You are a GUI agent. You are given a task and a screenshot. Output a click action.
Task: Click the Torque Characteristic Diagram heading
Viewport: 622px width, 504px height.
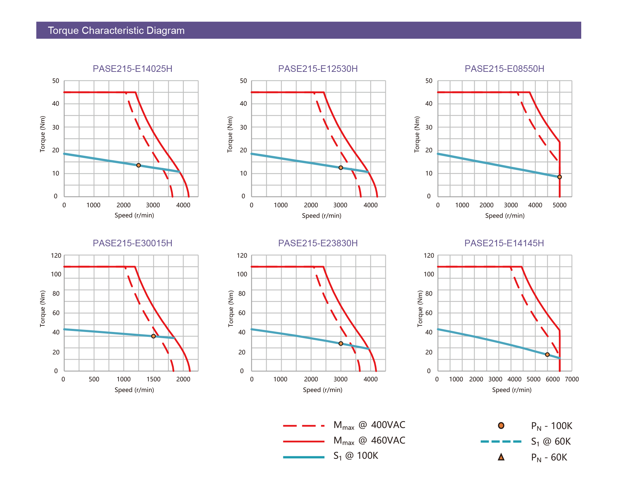point(116,30)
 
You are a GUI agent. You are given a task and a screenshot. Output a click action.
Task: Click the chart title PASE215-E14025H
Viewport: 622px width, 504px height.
point(132,69)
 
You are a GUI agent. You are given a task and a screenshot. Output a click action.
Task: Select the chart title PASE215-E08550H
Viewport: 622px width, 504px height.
point(504,69)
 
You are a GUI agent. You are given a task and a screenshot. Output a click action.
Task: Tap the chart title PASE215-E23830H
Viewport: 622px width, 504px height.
point(318,243)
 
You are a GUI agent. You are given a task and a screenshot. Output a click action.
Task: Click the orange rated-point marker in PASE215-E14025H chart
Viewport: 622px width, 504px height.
point(139,165)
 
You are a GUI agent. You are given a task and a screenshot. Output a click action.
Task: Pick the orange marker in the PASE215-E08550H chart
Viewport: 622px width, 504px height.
point(559,177)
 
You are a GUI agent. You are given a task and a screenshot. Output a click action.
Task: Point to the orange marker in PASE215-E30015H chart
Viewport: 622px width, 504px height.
point(153,336)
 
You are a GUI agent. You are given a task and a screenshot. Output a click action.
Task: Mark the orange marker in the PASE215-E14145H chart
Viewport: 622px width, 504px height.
point(547,354)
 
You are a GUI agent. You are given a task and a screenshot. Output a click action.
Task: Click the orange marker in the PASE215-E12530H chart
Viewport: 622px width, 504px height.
point(341,168)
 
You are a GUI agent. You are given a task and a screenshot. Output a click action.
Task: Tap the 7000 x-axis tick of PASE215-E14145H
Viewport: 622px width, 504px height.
point(572,379)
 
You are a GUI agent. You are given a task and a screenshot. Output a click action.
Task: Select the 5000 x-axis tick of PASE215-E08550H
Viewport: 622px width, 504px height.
point(559,205)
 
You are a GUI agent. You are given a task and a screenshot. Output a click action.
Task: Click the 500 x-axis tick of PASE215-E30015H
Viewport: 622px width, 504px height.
point(94,379)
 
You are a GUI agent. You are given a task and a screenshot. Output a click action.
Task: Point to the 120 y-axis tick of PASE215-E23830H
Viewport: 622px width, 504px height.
point(242,256)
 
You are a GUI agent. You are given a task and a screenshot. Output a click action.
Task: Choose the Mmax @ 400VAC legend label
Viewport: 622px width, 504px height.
point(369,425)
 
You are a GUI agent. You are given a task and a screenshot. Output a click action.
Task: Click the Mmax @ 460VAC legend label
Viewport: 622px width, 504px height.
point(369,441)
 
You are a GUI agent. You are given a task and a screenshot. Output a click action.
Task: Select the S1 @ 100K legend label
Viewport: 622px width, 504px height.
point(356,456)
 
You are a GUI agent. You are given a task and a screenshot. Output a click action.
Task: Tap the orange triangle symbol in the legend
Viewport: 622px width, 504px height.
point(501,457)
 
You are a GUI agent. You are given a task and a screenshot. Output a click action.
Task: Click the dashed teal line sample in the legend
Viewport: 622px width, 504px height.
point(501,441)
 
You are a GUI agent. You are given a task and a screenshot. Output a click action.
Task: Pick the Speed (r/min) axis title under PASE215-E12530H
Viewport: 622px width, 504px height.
point(321,216)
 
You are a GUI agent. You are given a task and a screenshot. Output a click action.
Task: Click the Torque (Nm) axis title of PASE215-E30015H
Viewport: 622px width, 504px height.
point(43,308)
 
